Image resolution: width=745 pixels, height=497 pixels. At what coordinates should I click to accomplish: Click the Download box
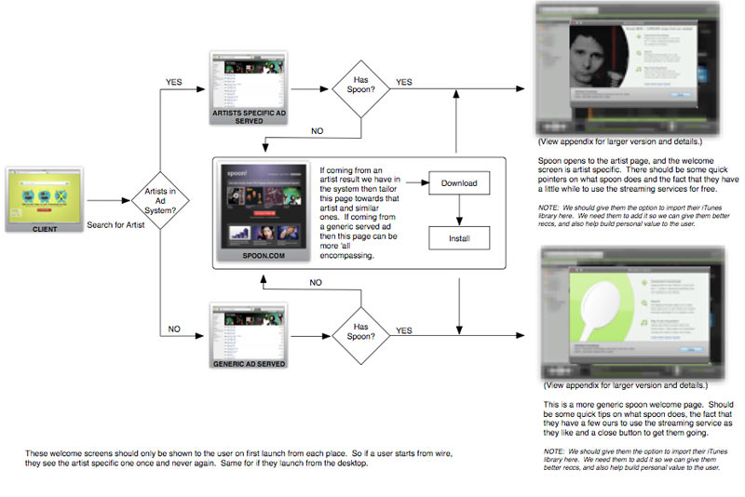459,182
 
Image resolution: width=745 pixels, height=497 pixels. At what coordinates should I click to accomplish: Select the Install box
459,239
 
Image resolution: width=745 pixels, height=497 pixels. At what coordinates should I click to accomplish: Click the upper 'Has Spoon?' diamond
360,89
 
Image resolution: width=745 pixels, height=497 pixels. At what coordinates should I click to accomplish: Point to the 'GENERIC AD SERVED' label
244,365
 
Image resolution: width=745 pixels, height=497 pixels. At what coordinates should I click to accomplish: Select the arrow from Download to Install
459,210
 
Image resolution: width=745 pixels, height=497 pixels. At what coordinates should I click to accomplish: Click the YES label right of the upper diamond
404,82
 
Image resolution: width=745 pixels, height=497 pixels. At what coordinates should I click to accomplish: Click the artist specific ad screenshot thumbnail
245,81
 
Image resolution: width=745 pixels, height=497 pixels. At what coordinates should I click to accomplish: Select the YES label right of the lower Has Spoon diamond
404,330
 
